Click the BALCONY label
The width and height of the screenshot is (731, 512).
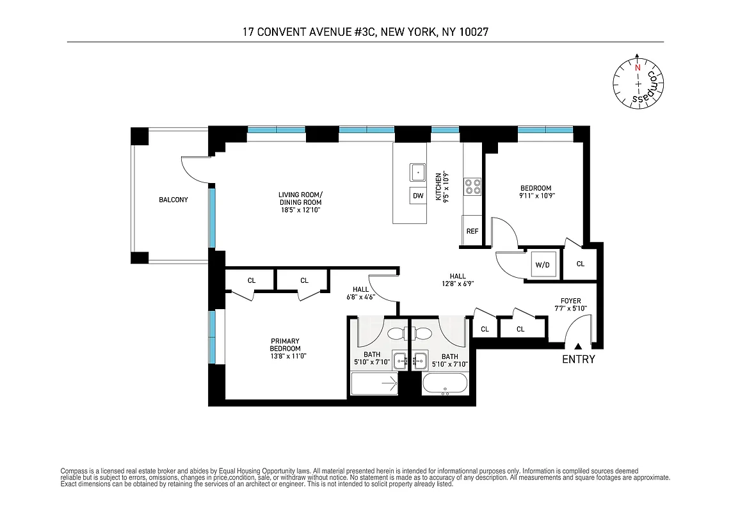click(x=173, y=200)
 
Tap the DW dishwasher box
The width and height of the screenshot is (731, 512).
click(x=418, y=196)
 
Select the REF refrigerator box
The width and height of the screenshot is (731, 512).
click(x=472, y=231)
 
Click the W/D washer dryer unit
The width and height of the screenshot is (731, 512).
click(x=542, y=264)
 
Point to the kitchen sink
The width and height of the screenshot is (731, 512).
click(x=418, y=172)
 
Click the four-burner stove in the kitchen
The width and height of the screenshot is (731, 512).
click(x=473, y=186)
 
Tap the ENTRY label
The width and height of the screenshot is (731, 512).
click(x=578, y=360)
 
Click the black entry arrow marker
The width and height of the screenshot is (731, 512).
click(x=578, y=346)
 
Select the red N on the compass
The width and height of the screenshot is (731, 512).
click(x=638, y=67)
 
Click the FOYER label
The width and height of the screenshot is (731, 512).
click(x=570, y=300)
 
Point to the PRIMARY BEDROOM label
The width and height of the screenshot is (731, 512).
click(x=285, y=344)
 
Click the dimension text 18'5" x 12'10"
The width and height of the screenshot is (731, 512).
click(x=300, y=210)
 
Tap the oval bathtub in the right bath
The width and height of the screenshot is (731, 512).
click(x=446, y=385)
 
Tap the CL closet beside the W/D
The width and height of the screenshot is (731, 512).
click(x=580, y=264)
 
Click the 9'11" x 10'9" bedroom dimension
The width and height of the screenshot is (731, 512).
click(x=536, y=196)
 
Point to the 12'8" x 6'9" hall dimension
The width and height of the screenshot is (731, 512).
click(x=458, y=284)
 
